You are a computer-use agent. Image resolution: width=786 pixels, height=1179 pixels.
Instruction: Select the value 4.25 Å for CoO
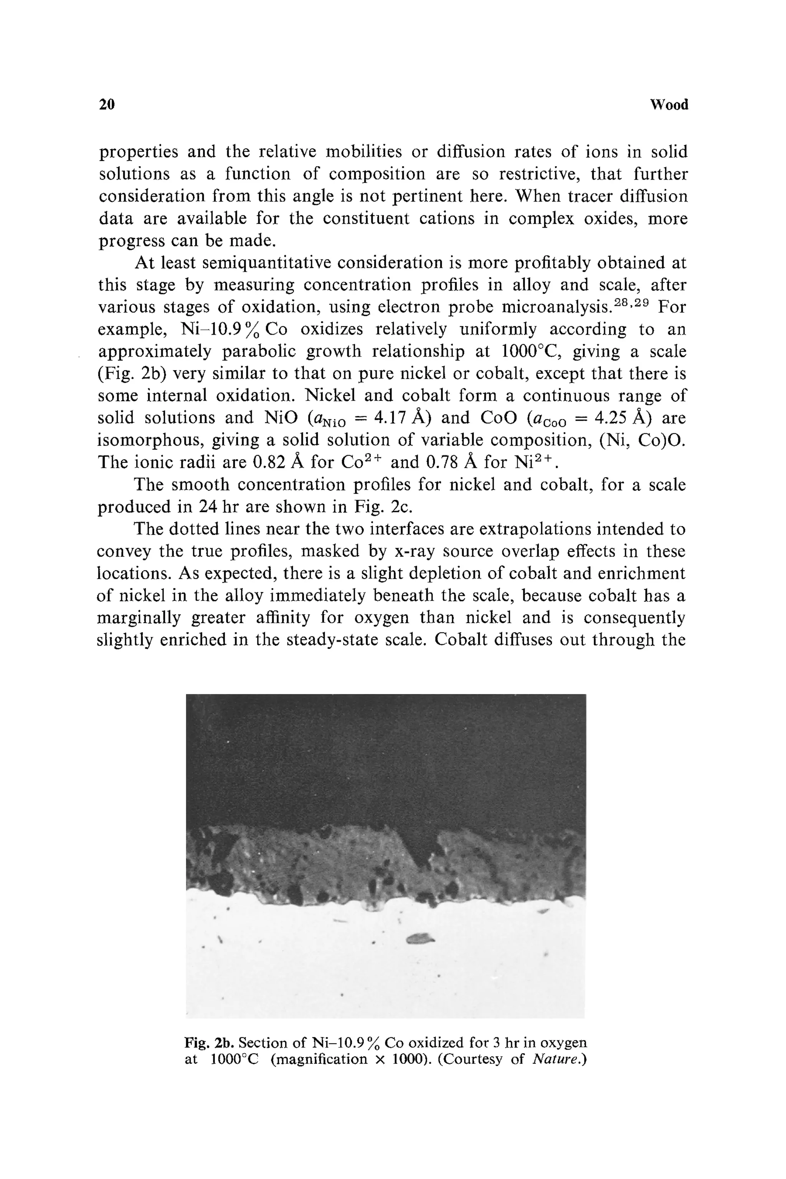(623, 418)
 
